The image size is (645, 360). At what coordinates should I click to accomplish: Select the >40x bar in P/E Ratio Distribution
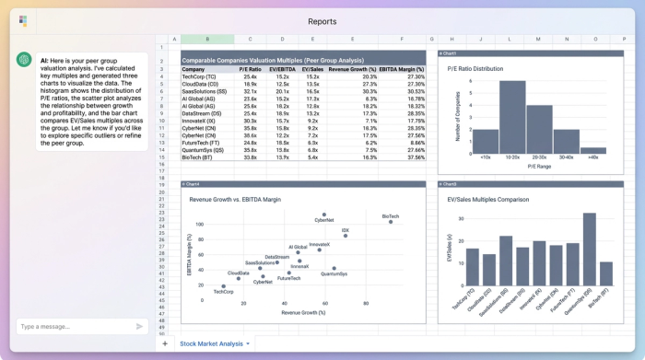click(x=593, y=149)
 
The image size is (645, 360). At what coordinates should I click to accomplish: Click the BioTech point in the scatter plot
click(x=391, y=221)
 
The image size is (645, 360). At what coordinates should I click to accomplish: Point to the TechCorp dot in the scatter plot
click(x=223, y=286)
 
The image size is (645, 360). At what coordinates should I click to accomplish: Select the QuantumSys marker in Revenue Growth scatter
click(x=334, y=269)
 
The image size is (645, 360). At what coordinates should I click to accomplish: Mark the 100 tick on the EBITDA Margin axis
click(x=199, y=225)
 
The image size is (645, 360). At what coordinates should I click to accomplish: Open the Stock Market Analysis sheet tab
click(x=212, y=343)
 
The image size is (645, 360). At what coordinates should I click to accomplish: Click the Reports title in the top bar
click(x=322, y=20)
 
